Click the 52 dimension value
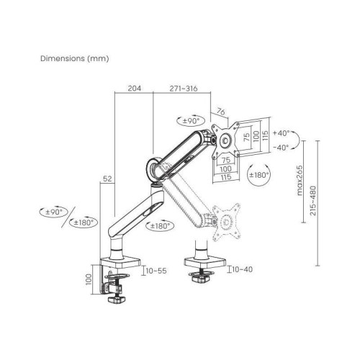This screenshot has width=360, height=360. pyautogui.click(x=107, y=178)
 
